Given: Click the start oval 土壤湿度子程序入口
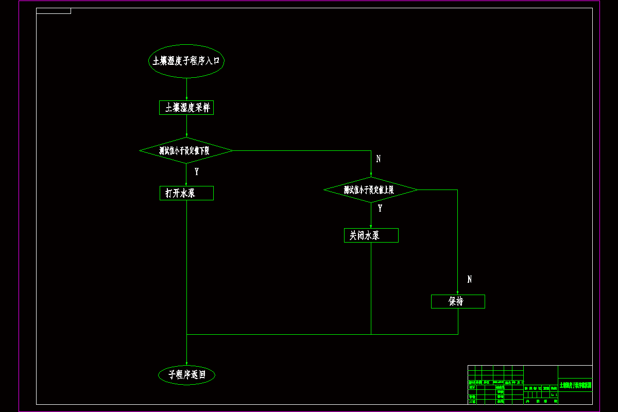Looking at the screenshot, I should (x=186, y=61).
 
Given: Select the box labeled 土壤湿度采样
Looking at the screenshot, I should (x=186, y=108).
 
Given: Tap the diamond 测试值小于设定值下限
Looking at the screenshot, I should (x=186, y=151).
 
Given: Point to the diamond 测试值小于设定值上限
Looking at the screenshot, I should (x=371, y=190).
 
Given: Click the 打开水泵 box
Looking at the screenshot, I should (x=186, y=193).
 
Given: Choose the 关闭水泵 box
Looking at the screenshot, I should (x=371, y=235).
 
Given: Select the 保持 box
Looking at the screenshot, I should (x=458, y=301).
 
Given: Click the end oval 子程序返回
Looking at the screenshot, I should (x=186, y=375).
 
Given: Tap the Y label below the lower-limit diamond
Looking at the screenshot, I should (x=196, y=171).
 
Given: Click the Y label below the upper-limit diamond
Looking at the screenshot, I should (x=380, y=209).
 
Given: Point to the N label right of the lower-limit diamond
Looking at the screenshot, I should (x=379, y=159).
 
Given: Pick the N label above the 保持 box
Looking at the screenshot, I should (x=469, y=279).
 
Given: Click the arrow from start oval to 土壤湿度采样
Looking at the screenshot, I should (x=186, y=89).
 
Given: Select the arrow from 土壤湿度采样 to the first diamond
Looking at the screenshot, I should (x=186, y=126).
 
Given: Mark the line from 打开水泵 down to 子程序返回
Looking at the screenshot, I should (x=186, y=268).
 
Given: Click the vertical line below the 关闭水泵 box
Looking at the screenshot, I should (x=371, y=288).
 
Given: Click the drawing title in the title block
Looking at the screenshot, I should (x=575, y=385).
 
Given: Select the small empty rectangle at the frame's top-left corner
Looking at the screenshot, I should (x=54, y=11).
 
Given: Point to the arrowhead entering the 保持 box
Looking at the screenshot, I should (x=458, y=292).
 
